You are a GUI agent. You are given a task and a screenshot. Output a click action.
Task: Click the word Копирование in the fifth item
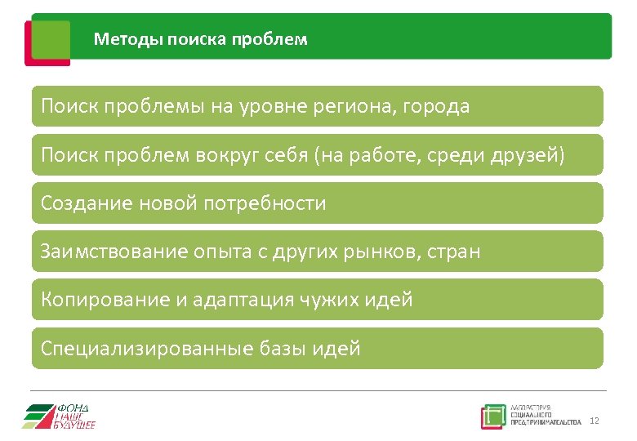105,300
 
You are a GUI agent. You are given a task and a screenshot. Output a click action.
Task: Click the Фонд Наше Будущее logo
59,416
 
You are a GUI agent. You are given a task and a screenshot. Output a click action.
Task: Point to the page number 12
594,421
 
